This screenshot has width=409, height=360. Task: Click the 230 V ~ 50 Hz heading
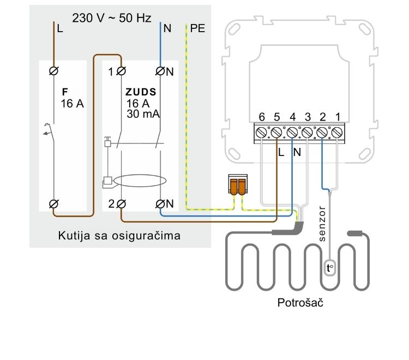coord(112,18)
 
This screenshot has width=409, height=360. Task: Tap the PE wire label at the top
coord(199,28)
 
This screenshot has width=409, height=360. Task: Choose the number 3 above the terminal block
coord(308,117)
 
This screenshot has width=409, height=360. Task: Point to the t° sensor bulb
coord(329,267)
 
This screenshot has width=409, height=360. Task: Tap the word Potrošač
coord(298,303)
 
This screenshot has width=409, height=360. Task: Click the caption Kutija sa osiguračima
coord(119,236)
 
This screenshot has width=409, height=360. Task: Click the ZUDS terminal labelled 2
coord(121,203)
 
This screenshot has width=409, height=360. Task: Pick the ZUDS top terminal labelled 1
coord(121,71)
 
